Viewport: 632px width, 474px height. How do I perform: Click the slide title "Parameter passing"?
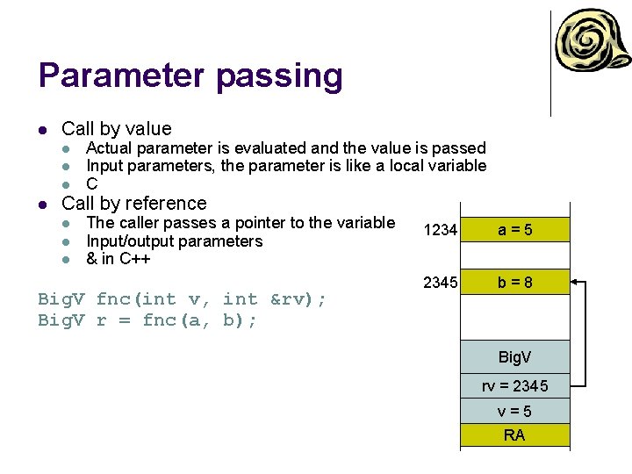pyautogui.click(x=190, y=76)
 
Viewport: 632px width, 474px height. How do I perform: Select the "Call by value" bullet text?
pyautogui.click(x=117, y=129)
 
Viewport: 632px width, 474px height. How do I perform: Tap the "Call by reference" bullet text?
pyautogui.click(x=134, y=203)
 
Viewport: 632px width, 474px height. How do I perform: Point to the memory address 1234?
pyautogui.click(x=440, y=230)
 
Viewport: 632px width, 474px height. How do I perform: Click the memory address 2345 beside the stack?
pyautogui.click(x=440, y=283)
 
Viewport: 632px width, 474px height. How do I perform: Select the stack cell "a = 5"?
pyautogui.click(x=515, y=230)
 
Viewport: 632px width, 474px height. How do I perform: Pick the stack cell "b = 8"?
pyautogui.click(x=515, y=283)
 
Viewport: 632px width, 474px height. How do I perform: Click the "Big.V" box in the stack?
pyautogui.click(x=515, y=357)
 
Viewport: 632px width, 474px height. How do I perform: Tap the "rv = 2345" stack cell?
pyautogui.click(x=515, y=386)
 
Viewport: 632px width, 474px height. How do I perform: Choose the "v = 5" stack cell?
pyautogui.click(x=515, y=412)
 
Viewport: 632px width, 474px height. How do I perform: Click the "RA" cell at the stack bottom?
pyautogui.click(x=515, y=435)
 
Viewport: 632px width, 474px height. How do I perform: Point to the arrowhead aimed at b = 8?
pyautogui.click(x=575, y=283)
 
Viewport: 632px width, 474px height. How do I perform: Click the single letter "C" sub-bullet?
pyautogui.click(x=91, y=184)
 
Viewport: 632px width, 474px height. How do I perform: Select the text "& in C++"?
pyautogui.click(x=118, y=259)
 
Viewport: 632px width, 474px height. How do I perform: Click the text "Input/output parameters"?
pyautogui.click(x=174, y=241)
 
